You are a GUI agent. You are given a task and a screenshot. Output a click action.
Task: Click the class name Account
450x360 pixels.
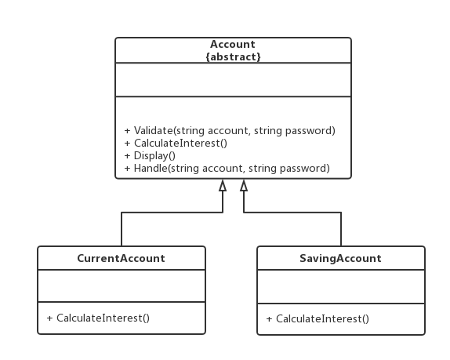233,44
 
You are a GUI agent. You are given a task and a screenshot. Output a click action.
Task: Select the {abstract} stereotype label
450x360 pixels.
233,56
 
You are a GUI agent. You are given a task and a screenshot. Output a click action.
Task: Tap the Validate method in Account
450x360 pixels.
230,131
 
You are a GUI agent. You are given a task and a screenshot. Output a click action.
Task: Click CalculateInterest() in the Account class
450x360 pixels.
176,143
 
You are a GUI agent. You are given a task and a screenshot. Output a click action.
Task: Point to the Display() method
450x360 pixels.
150,155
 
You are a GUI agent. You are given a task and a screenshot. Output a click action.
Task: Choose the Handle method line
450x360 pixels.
227,168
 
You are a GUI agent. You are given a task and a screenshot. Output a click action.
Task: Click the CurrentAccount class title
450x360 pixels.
121,258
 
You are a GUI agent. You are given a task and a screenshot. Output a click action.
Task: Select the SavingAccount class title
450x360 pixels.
341,258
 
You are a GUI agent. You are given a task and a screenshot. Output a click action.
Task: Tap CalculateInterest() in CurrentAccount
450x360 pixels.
98,318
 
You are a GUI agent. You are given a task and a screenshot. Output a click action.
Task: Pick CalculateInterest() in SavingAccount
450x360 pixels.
318,319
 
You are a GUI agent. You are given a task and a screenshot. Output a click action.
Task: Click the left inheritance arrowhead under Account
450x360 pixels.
223,185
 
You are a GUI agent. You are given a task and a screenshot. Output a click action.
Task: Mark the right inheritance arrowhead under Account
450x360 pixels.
244,185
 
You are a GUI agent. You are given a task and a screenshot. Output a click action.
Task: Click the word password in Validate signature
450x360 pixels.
309,131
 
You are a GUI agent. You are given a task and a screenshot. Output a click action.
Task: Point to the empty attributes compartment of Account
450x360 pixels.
233,80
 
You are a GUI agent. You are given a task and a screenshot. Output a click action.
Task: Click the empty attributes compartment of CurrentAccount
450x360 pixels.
122,286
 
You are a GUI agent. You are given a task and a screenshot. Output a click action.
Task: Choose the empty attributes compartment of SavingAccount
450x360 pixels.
341,286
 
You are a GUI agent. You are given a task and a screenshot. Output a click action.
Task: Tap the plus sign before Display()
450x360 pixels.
128,156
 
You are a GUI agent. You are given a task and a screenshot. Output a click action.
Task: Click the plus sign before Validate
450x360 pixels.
128,131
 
